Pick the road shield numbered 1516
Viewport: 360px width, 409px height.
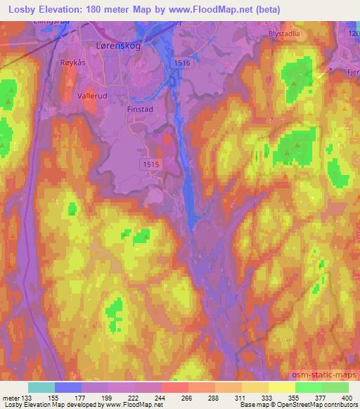coord(182,63)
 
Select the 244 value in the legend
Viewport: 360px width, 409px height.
coord(162,397)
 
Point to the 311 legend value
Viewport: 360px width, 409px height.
coord(242,397)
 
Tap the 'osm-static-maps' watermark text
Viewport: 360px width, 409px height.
coord(328,372)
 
